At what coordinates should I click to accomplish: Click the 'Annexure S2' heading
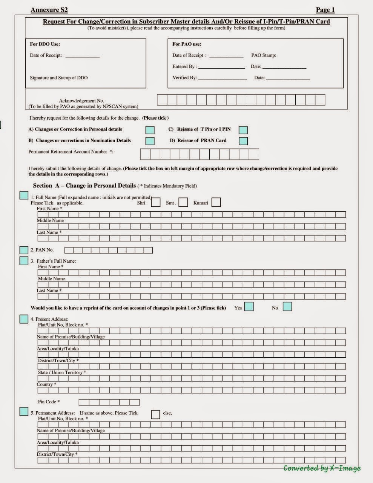[49, 10]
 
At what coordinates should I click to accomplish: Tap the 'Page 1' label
[325, 10]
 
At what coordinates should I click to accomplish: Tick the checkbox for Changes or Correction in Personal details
[150, 130]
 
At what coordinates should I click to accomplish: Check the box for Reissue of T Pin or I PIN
[243, 130]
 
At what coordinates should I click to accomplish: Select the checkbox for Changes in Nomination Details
[150, 141]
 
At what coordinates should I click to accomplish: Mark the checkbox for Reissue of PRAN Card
[243, 141]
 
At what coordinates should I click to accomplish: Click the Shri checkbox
[155, 203]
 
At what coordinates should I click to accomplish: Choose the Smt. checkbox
[183, 203]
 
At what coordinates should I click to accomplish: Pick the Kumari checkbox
[216, 203]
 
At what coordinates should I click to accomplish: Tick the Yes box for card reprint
[249, 307]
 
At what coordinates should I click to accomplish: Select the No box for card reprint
[287, 307]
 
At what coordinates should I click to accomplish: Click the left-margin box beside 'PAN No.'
[24, 250]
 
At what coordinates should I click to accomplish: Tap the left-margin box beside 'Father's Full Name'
[24, 261]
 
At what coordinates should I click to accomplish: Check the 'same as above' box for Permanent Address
[155, 414]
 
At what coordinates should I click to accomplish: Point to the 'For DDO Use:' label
[45, 44]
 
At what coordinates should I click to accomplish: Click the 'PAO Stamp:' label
[264, 55]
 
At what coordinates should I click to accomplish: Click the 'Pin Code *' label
[49, 402]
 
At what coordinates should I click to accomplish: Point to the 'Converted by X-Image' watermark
[322, 468]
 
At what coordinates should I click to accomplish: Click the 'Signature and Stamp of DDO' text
[59, 78]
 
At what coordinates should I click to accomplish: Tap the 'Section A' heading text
[84, 186]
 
